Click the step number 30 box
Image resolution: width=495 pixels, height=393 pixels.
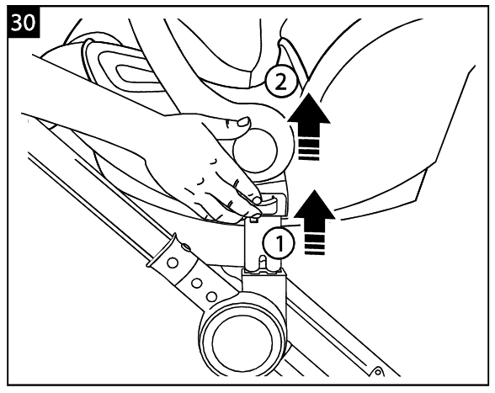click(24, 22)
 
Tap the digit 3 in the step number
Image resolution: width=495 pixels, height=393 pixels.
click(18, 23)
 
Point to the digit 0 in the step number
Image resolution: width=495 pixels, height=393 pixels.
click(29, 23)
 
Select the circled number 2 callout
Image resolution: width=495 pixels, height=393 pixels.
click(280, 83)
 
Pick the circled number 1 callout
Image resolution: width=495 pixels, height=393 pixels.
click(279, 243)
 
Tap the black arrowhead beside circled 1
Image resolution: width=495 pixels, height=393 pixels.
click(315, 204)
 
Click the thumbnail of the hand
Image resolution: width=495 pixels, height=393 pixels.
click(243, 121)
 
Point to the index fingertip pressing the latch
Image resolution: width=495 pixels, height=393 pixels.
click(257, 199)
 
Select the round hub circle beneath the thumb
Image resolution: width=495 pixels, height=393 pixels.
click(254, 151)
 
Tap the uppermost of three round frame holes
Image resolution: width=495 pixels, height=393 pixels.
click(173, 263)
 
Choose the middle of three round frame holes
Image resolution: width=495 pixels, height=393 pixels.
click(196, 283)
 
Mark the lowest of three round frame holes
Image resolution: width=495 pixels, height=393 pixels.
click(211, 297)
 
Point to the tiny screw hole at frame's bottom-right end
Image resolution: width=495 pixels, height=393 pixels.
click(377, 372)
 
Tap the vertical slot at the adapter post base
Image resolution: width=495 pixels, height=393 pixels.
click(263, 263)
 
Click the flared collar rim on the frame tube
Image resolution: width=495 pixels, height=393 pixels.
click(161, 250)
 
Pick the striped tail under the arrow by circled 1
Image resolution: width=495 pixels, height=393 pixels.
click(315, 244)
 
